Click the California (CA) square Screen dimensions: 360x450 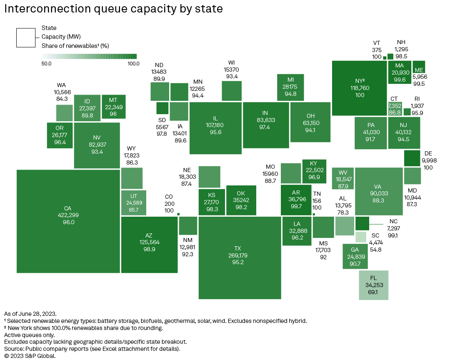pyautogui.click(x=68, y=221)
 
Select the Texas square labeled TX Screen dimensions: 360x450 pyautogui.click(x=240, y=257)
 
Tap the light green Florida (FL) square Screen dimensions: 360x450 pyautogui.click(x=374, y=285)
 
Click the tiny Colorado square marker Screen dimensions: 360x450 pyautogui.click(x=178, y=214)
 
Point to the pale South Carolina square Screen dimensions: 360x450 pyautogui.click(x=361, y=237)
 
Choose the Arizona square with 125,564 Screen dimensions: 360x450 pyautogui.click(x=149, y=245)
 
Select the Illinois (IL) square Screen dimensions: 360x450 pyautogui.click(x=215, y=125)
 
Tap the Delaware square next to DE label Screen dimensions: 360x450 pyautogui.click(x=412, y=158)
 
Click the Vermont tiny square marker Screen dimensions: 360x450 pyautogui.click(x=385, y=58)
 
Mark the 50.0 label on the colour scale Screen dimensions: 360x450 pyautogui.click(x=47, y=64)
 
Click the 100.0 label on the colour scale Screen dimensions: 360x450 pyautogui.click(x=133, y=64)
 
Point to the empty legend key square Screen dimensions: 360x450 pyautogui.click(x=26, y=37)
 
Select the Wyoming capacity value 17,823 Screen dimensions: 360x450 pyautogui.click(x=131, y=155)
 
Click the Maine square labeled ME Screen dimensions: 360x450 pyautogui.click(x=419, y=69)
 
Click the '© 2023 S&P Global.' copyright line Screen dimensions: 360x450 pyautogui.click(x=30, y=356)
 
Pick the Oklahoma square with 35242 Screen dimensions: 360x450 pyautogui.click(x=241, y=200)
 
